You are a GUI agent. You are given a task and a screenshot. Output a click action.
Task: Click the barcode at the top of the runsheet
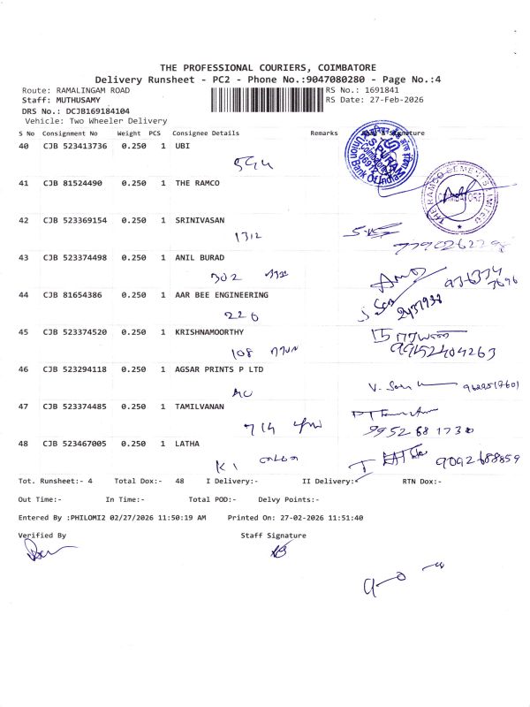tap(267, 97)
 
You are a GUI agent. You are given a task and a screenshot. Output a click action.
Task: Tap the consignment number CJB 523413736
tap(75, 146)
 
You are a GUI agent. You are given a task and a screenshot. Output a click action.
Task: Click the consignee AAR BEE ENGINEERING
tap(222, 294)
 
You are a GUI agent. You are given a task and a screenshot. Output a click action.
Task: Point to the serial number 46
tap(24, 369)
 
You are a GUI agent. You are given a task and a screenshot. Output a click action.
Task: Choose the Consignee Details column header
tap(206, 133)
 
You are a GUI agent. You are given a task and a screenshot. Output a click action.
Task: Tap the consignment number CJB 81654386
tap(72, 294)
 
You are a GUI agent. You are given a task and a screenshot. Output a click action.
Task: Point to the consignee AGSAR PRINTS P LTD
tap(219, 369)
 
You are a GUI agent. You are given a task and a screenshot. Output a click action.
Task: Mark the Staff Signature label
tap(273, 536)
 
